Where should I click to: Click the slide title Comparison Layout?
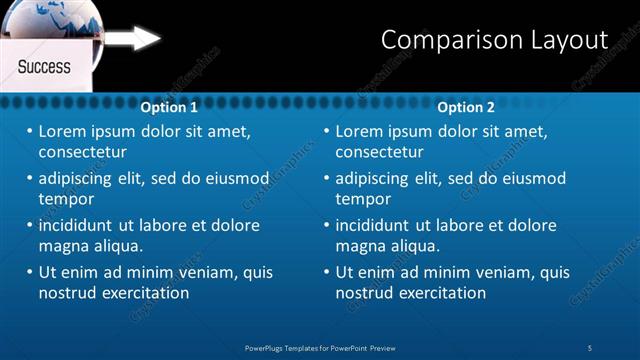(494, 40)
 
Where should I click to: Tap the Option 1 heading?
(169, 107)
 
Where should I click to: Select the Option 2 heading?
(466, 107)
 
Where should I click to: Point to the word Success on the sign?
(44, 67)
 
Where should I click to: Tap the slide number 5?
(590, 347)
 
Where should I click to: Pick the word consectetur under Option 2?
(379, 152)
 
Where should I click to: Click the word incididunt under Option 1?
(80, 225)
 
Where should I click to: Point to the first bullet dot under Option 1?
(30, 131)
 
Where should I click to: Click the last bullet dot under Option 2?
(327, 272)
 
